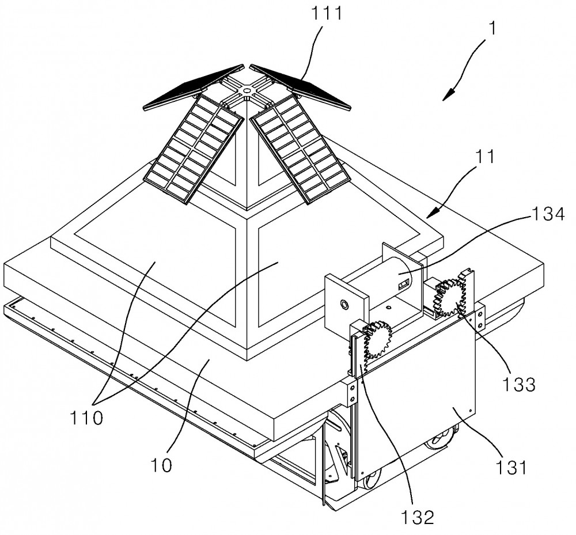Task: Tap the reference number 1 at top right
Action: pyautogui.click(x=492, y=28)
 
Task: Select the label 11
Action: pyautogui.click(x=485, y=156)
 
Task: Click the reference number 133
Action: pyautogui.click(x=518, y=384)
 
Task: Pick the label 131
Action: pyautogui.click(x=511, y=468)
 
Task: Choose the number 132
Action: pyautogui.click(x=417, y=517)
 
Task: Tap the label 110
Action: pyautogui.click(x=86, y=418)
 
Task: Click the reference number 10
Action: pyautogui.click(x=162, y=465)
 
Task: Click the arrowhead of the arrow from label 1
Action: pyautogui.click(x=448, y=95)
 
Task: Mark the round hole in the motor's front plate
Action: pyautogui.click(x=344, y=304)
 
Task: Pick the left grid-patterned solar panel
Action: pyautogui.click(x=194, y=149)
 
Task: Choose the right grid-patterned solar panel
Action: pyautogui.click(x=301, y=149)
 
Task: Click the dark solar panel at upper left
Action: pyautogui.click(x=193, y=87)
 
